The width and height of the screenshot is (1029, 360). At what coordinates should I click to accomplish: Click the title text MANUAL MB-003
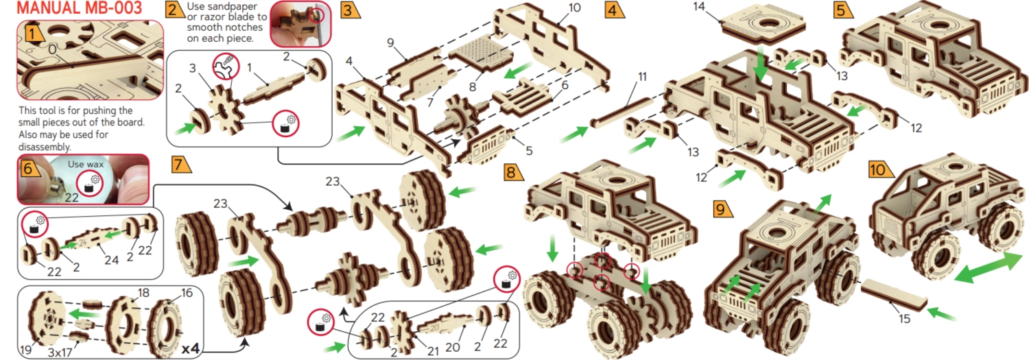(80, 8)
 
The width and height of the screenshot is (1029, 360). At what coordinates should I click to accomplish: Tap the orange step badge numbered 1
(34, 34)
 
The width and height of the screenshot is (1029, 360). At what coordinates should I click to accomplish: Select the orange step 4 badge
(614, 10)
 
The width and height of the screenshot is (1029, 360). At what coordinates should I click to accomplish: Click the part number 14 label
(699, 6)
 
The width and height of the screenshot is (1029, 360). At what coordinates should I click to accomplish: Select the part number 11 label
(642, 77)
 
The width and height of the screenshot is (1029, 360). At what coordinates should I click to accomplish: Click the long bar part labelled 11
(622, 113)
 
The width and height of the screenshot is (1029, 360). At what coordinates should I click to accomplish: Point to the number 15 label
(904, 318)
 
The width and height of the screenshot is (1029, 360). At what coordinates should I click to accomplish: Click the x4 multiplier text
(191, 348)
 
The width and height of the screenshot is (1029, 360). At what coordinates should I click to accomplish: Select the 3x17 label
(60, 352)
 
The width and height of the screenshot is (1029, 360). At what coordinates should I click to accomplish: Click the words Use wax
(86, 164)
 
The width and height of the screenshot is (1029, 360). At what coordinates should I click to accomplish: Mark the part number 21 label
(433, 351)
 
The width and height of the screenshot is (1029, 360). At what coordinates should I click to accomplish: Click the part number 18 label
(143, 293)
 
